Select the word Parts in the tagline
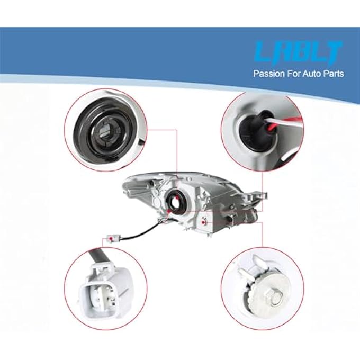pyautogui.click(x=333, y=74)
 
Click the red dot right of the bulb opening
pyautogui.click(x=203, y=224)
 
